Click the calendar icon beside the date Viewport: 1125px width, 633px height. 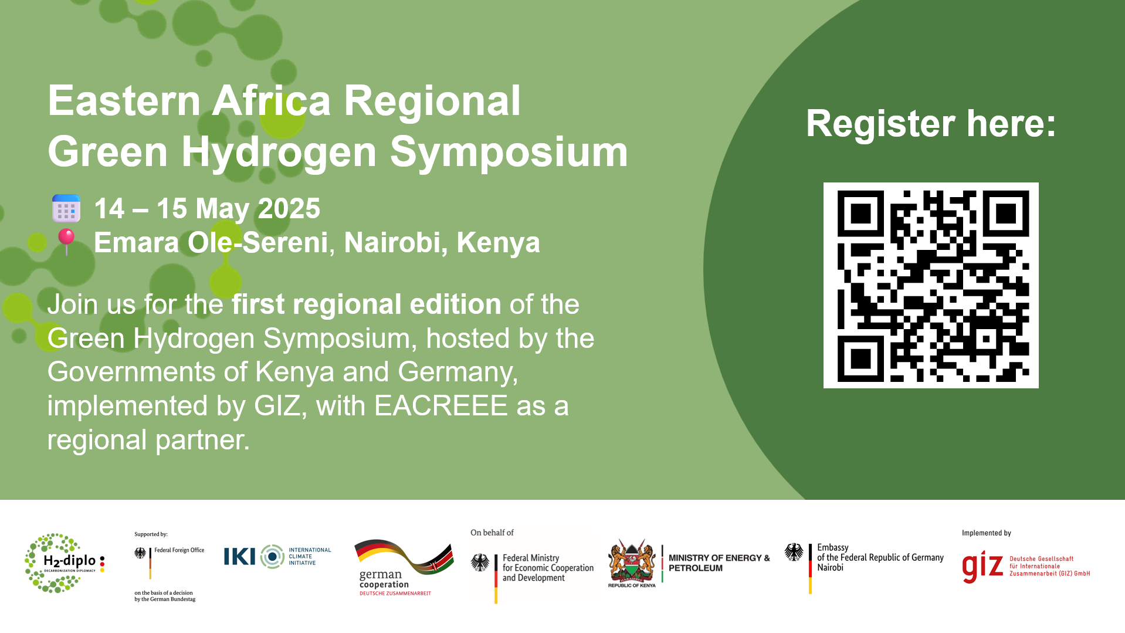(66, 208)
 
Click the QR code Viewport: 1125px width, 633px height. (931, 285)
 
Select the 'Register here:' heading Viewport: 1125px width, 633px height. (931, 123)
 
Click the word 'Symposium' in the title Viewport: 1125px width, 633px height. (509, 152)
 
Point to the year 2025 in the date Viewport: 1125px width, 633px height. (289, 208)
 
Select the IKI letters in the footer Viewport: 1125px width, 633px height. (239, 556)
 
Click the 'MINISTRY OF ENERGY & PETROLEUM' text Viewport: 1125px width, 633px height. (719, 563)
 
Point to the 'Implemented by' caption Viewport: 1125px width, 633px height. (987, 533)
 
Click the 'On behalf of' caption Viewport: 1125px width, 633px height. (492, 533)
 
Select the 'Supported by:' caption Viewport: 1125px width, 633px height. (151, 534)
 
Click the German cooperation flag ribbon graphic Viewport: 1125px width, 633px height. (404, 556)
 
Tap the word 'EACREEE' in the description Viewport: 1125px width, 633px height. (441, 406)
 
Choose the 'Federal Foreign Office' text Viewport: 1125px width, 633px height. (179, 550)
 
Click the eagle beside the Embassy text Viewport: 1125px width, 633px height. (794, 552)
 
